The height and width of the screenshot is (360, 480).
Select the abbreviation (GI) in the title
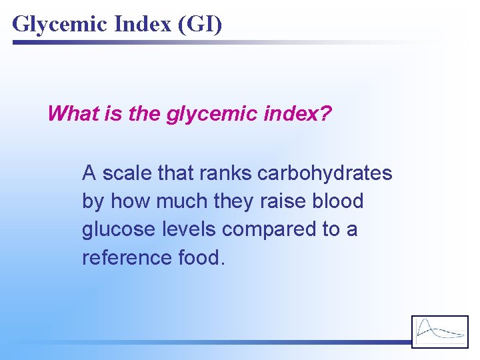(199, 24)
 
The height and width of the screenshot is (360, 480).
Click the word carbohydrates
(325, 173)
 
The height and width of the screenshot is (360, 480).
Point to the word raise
(287, 201)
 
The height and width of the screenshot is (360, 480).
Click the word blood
(339, 201)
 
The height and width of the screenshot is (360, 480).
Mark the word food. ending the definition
(199, 257)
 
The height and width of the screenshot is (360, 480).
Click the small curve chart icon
(440, 331)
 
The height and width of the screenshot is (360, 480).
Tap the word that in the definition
(173, 173)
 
